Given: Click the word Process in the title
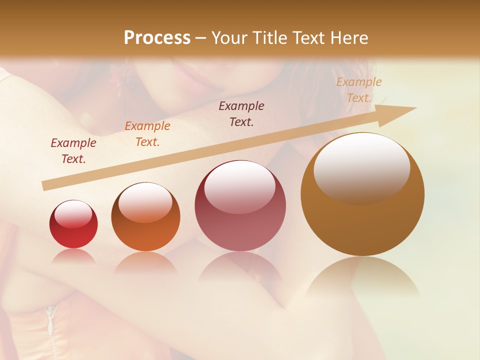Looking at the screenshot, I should [x=157, y=38].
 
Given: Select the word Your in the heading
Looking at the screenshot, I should [x=230, y=38].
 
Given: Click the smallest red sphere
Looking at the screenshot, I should [x=73, y=224].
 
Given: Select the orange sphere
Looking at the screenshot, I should [x=145, y=217].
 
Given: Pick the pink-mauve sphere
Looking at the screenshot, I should [x=240, y=206].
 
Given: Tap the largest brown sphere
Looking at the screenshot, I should [x=362, y=195].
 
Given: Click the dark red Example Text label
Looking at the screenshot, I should [x=73, y=150].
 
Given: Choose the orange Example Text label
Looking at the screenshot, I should [x=147, y=133].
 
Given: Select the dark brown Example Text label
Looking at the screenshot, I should [x=241, y=113].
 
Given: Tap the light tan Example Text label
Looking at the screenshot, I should [x=359, y=90].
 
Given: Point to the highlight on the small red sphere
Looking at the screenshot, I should [x=73, y=214].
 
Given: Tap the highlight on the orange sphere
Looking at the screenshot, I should [x=145, y=202].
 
